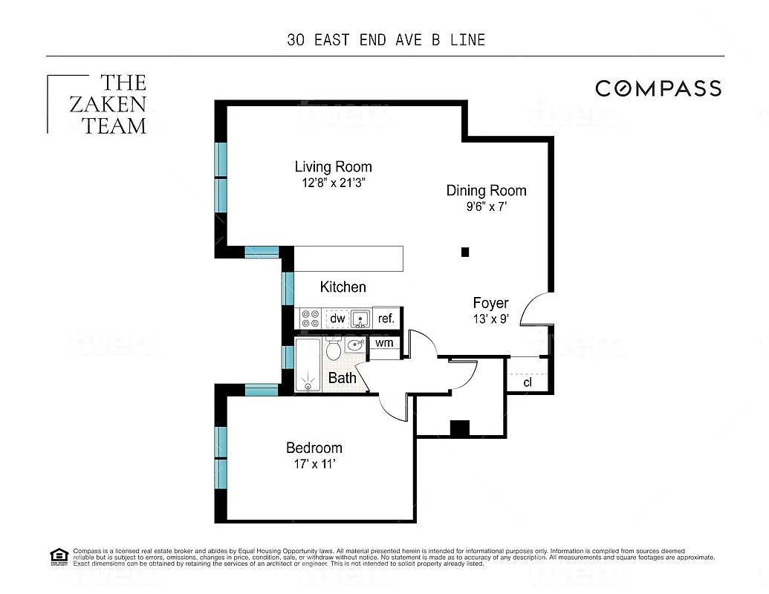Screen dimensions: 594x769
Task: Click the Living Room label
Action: click(x=333, y=167)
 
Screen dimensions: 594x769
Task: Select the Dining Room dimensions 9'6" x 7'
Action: click(x=486, y=208)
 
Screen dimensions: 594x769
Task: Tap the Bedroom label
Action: click(x=314, y=448)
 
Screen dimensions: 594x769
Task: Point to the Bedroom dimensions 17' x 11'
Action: click(x=314, y=465)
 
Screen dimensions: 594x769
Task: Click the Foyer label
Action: click(x=491, y=303)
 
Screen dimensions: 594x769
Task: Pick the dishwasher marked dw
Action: click(x=337, y=319)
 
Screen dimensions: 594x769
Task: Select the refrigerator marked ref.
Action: click(x=386, y=319)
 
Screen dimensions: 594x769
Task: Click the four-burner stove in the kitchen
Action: click(x=310, y=319)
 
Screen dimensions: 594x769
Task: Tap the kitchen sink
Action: click(x=360, y=319)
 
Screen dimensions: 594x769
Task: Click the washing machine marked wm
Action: click(x=384, y=343)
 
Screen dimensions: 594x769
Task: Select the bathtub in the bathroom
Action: click(x=307, y=365)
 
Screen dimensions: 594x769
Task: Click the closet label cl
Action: click(x=528, y=382)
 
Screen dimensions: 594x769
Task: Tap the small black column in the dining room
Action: click(x=465, y=252)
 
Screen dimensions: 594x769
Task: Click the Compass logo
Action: click(x=658, y=88)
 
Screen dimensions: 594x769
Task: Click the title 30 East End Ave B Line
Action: click(x=386, y=40)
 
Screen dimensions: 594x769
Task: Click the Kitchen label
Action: click(x=343, y=287)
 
